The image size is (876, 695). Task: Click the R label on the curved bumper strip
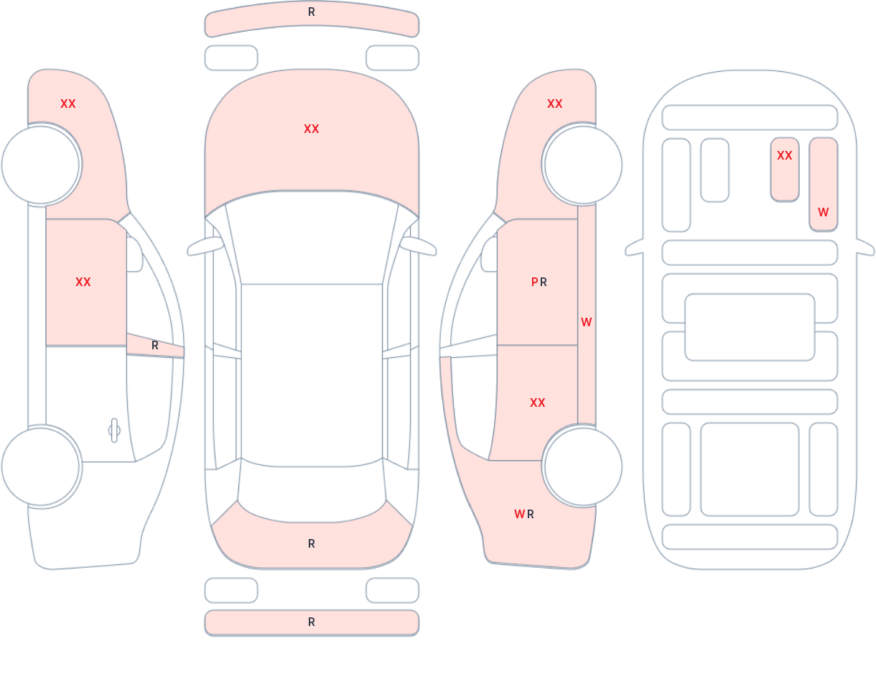(x=312, y=12)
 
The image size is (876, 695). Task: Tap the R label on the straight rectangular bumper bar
(x=312, y=622)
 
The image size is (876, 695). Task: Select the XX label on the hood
(x=312, y=129)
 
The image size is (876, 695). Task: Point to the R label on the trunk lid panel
(x=312, y=544)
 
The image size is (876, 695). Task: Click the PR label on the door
(x=539, y=282)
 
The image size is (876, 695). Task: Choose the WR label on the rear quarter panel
(x=524, y=514)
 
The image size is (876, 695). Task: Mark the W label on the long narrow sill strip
(x=586, y=322)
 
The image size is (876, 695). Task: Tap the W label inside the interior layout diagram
(x=823, y=212)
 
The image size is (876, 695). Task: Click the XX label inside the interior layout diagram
(x=784, y=156)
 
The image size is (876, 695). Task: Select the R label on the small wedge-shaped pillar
(x=154, y=346)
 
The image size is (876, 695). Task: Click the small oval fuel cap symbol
(x=114, y=431)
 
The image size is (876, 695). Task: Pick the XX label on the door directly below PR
(x=537, y=403)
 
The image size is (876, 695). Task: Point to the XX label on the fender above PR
(x=554, y=104)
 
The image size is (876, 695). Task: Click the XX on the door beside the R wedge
(x=83, y=282)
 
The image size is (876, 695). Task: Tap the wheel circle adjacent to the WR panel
(x=583, y=466)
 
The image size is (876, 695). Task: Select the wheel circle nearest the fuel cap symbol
(x=40, y=466)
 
